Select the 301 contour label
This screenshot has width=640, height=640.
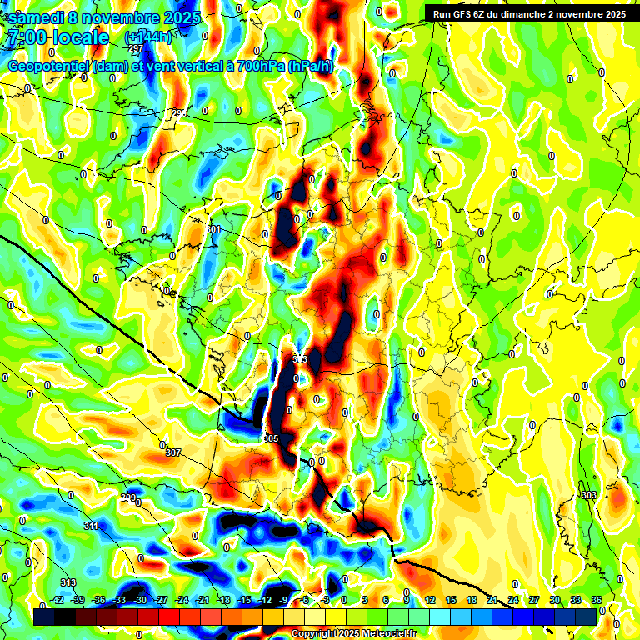click(213, 229)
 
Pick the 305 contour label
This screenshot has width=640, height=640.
click(270, 437)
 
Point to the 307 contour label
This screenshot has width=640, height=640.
click(172, 452)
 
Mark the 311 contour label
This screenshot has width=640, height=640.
click(92, 526)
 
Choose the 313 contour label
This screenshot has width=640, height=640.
click(68, 582)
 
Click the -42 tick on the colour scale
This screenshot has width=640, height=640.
click(57, 600)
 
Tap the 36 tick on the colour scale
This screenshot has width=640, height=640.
click(597, 600)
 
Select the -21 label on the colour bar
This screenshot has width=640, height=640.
click(202, 600)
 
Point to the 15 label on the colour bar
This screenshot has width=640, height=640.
click(451, 600)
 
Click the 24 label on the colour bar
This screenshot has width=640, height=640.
click(513, 600)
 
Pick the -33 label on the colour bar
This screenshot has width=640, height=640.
click(119, 600)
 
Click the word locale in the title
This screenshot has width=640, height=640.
click(79, 38)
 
